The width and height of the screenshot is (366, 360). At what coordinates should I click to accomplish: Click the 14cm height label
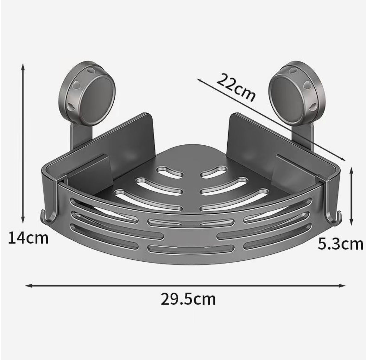click(28, 238)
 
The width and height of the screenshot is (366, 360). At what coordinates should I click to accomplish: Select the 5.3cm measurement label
click(340, 244)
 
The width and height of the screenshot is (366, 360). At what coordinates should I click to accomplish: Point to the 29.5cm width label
click(188, 299)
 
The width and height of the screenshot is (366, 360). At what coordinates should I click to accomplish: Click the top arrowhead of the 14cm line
click(23, 67)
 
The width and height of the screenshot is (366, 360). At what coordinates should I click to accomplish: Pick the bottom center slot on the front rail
click(190, 249)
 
